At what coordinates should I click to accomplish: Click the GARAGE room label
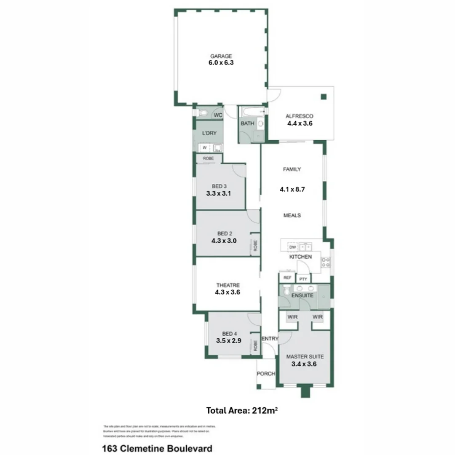point(221,56)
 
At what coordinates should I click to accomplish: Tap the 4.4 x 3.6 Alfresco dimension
point(300,124)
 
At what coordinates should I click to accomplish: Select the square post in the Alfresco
point(323,97)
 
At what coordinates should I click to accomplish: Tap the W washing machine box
point(204,147)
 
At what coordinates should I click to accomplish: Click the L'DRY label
point(209,133)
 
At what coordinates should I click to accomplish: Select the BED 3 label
point(219,187)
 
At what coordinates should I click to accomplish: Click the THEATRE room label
point(228,285)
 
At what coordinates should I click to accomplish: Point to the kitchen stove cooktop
point(325,262)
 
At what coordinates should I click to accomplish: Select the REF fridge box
point(287,278)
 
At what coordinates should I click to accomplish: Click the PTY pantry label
point(303,279)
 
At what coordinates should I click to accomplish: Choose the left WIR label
point(293,317)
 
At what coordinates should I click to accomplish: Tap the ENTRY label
point(270,339)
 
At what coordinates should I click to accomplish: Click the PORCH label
point(266,374)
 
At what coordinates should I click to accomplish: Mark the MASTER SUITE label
point(305,356)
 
